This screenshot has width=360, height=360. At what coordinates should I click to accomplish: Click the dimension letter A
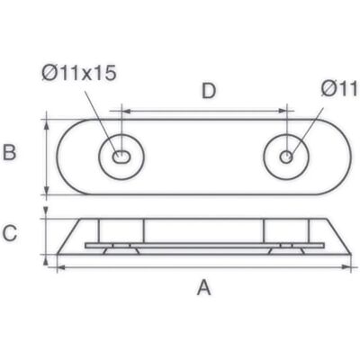[204, 287]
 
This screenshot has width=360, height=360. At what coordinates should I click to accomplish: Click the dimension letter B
[9, 152]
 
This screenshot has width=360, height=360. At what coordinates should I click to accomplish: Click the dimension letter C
[10, 233]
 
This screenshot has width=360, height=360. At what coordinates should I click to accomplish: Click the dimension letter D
[209, 91]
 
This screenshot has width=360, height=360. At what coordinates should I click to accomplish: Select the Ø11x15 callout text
[79, 73]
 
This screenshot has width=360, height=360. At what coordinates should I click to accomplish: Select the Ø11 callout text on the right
[339, 89]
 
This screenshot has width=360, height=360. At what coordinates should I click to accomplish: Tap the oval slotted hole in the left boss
[121, 157]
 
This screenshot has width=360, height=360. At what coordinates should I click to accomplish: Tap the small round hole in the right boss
[286, 157]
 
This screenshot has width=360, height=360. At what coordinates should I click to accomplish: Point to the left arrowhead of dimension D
[127, 112]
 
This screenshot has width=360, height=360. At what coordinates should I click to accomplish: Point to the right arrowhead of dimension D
[283, 111]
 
